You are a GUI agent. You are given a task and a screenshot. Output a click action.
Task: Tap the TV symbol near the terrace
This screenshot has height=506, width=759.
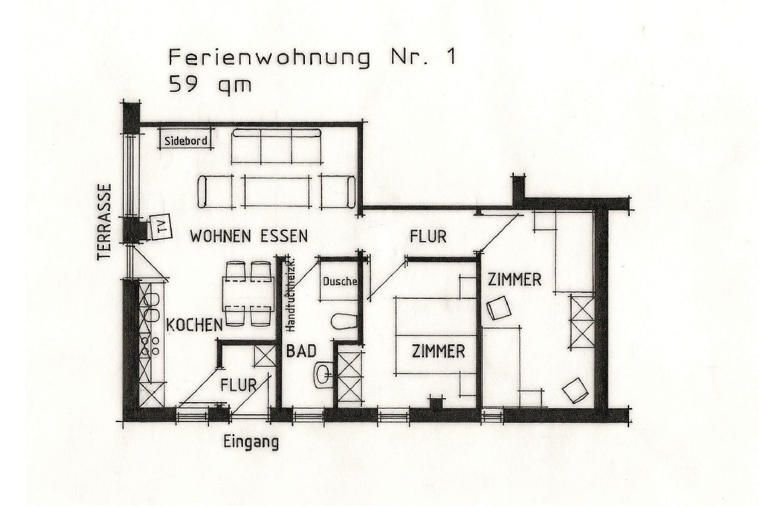point(160,226)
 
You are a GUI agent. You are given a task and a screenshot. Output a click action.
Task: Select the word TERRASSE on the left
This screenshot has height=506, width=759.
point(105,222)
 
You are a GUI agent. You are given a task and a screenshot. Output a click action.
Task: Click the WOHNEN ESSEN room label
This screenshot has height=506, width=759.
point(249,236)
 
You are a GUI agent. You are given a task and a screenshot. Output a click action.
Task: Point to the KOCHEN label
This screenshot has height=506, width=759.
point(194,325)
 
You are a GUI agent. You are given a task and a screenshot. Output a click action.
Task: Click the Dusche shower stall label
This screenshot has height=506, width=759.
point(340,282)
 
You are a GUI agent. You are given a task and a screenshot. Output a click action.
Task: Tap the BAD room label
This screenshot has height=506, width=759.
point(301,351)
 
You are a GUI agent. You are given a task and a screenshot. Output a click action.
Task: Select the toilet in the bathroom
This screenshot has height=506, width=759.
point(345,322)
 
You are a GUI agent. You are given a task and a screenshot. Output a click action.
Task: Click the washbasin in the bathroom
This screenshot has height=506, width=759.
point(324,374)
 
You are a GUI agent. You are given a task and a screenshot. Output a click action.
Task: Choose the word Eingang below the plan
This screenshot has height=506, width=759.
point(251,443)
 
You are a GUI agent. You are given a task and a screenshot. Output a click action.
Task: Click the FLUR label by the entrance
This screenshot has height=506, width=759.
point(238,385)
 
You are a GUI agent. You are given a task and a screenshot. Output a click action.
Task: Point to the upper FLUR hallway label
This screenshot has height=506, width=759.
point(428,236)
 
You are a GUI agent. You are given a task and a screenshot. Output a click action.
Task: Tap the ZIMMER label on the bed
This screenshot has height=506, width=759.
point(439,351)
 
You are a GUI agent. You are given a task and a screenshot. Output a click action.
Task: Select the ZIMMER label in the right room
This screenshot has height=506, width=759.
point(514,280)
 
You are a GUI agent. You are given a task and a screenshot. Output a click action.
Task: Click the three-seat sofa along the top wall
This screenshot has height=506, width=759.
point(276,146)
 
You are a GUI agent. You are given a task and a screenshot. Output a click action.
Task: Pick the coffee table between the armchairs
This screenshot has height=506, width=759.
point(276,191)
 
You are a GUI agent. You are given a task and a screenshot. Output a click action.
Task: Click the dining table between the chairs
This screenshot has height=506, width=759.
point(248,294)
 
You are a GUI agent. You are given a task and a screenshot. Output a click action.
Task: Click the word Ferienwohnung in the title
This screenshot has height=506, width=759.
point(270,58)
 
